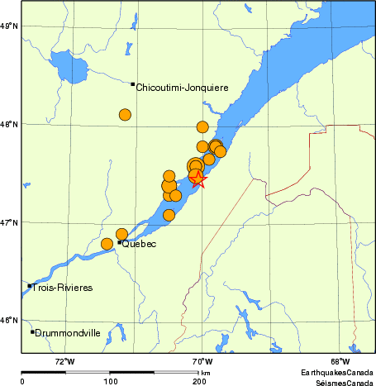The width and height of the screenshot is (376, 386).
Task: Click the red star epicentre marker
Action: pos(198,179)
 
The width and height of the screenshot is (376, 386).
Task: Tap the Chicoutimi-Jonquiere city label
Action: pos(182,87)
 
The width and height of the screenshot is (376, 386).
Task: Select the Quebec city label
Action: pos(139,244)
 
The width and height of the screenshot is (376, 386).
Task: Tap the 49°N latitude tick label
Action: pos(9,26)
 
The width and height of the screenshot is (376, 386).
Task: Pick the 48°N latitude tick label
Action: pos(9,125)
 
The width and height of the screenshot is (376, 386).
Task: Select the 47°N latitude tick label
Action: pos(9,222)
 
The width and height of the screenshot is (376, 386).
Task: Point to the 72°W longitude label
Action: pos(64,361)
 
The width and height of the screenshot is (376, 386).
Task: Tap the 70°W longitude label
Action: pos(202,361)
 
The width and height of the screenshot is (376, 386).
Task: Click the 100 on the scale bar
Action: pos(110,381)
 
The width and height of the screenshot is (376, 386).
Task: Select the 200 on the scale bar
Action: pos(199,381)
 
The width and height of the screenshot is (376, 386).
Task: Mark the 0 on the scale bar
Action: pos(22,381)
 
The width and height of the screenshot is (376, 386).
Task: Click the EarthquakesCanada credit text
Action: pos(336,372)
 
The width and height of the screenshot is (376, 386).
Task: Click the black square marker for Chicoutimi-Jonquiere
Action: pos(133,83)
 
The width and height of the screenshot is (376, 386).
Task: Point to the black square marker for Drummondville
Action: pos(32,331)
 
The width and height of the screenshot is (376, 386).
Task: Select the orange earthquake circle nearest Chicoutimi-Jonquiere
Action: pos(125,115)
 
